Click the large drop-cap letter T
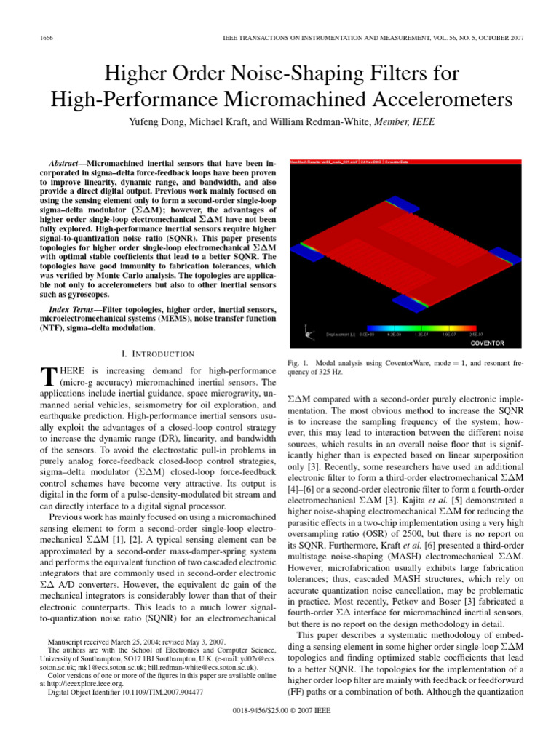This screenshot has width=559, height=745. pyautogui.click(x=47, y=376)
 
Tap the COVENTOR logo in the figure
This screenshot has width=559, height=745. pyautogui.click(x=487, y=343)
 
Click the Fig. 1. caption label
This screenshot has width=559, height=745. pyautogui.click(x=298, y=362)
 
